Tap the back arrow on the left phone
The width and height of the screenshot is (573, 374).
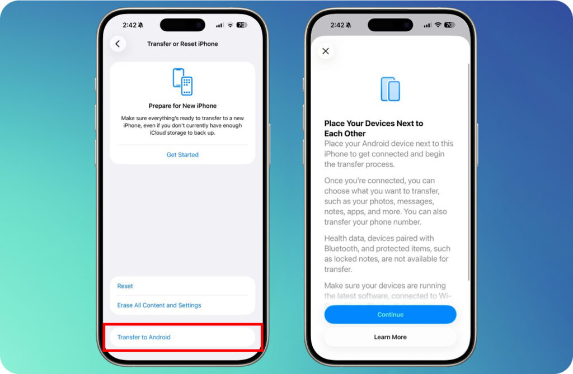[118, 44]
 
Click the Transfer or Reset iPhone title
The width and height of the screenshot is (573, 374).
[182, 44]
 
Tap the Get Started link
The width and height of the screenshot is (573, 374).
[182, 154]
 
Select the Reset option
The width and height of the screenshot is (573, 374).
[125, 286]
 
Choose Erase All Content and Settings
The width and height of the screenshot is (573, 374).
[159, 305]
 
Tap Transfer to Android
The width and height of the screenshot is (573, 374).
[144, 337]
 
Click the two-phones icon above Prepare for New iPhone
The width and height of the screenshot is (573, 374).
[182, 82]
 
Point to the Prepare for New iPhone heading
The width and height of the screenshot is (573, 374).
[182, 106]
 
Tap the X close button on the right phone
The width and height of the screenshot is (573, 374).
[326, 51]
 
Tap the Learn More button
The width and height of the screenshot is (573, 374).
[390, 337]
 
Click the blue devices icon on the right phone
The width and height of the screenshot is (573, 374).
[390, 89]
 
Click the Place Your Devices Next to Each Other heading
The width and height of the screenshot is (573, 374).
[374, 129]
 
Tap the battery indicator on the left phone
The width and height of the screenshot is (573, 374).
[242, 25]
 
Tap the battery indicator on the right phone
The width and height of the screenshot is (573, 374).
[449, 25]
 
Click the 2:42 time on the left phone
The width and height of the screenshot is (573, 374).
[129, 25]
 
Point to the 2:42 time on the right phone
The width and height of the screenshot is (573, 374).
[337, 25]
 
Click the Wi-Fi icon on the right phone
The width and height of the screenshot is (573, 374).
[438, 25]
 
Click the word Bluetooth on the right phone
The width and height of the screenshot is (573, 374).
[342, 248]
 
